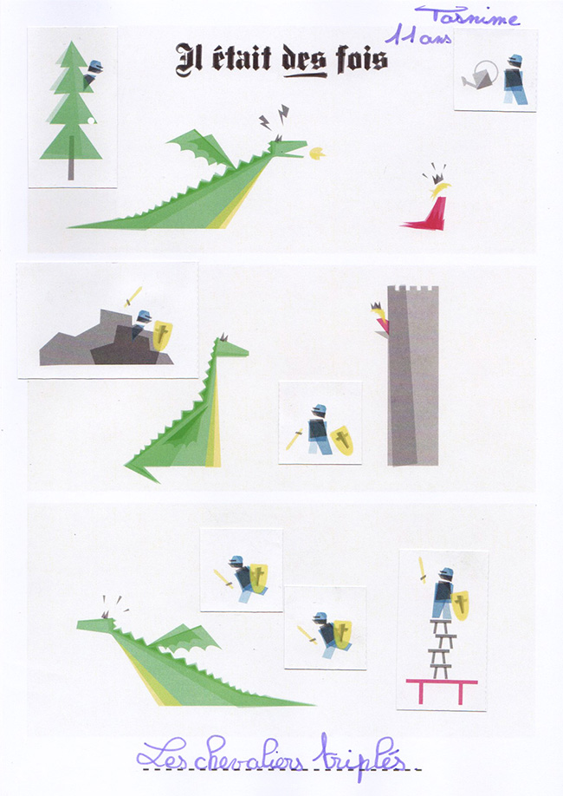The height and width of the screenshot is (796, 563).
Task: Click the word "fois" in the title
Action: tap(362, 59)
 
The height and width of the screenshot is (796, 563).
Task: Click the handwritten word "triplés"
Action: tap(359, 756)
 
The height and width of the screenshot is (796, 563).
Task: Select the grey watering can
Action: tap(479, 76)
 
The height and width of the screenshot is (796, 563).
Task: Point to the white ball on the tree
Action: tap(91, 121)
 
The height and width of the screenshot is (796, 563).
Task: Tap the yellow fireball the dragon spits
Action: tap(318, 153)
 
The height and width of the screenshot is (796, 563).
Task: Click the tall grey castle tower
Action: tap(413, 375)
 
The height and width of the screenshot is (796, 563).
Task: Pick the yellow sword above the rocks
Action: tap(133, 297)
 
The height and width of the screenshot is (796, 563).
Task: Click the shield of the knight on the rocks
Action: tap(162, 335)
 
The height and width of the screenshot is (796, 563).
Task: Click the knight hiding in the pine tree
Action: tap(93, 73)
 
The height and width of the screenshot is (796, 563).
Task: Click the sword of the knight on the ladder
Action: tap(422, 570)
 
